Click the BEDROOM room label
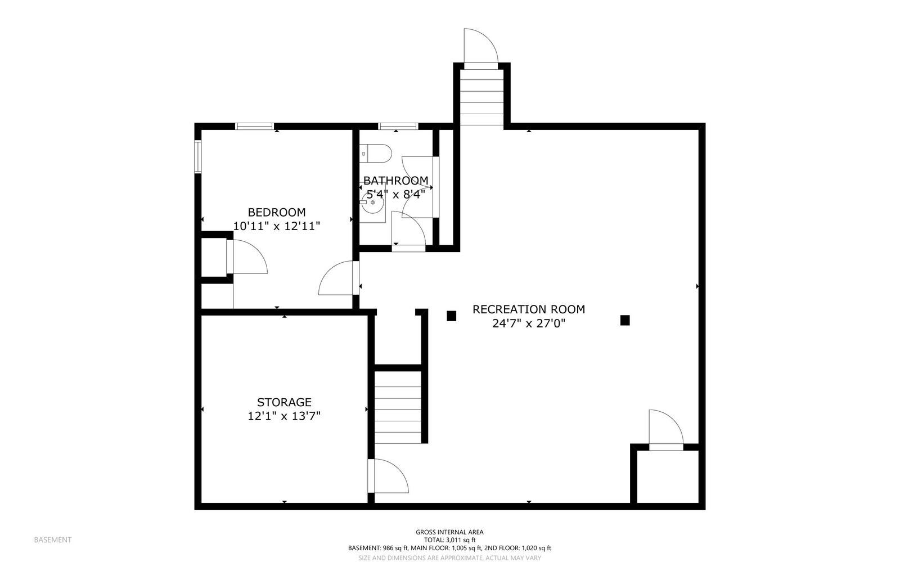[x=277, y=212]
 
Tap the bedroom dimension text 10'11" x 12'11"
[x=277, y=226]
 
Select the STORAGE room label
[x=284, y=402]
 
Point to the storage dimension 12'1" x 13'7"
[x=284, y=416]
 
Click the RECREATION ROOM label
[x=528, y=309]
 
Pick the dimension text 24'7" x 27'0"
[x=528, y=323]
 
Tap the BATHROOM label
[x=395, y=181]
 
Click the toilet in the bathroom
[x=376, y=153]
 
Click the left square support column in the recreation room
[x=451, y=316]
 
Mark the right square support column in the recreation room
[x=624, y=320]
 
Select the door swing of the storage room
[x=389, y=475]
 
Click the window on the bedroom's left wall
[x=198, y=157]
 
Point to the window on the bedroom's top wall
[x=254, y=126]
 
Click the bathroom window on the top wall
[x=398, y=126]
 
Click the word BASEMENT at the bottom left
[x=53, y=540]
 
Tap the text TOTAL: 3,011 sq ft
[x=449, y=540]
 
